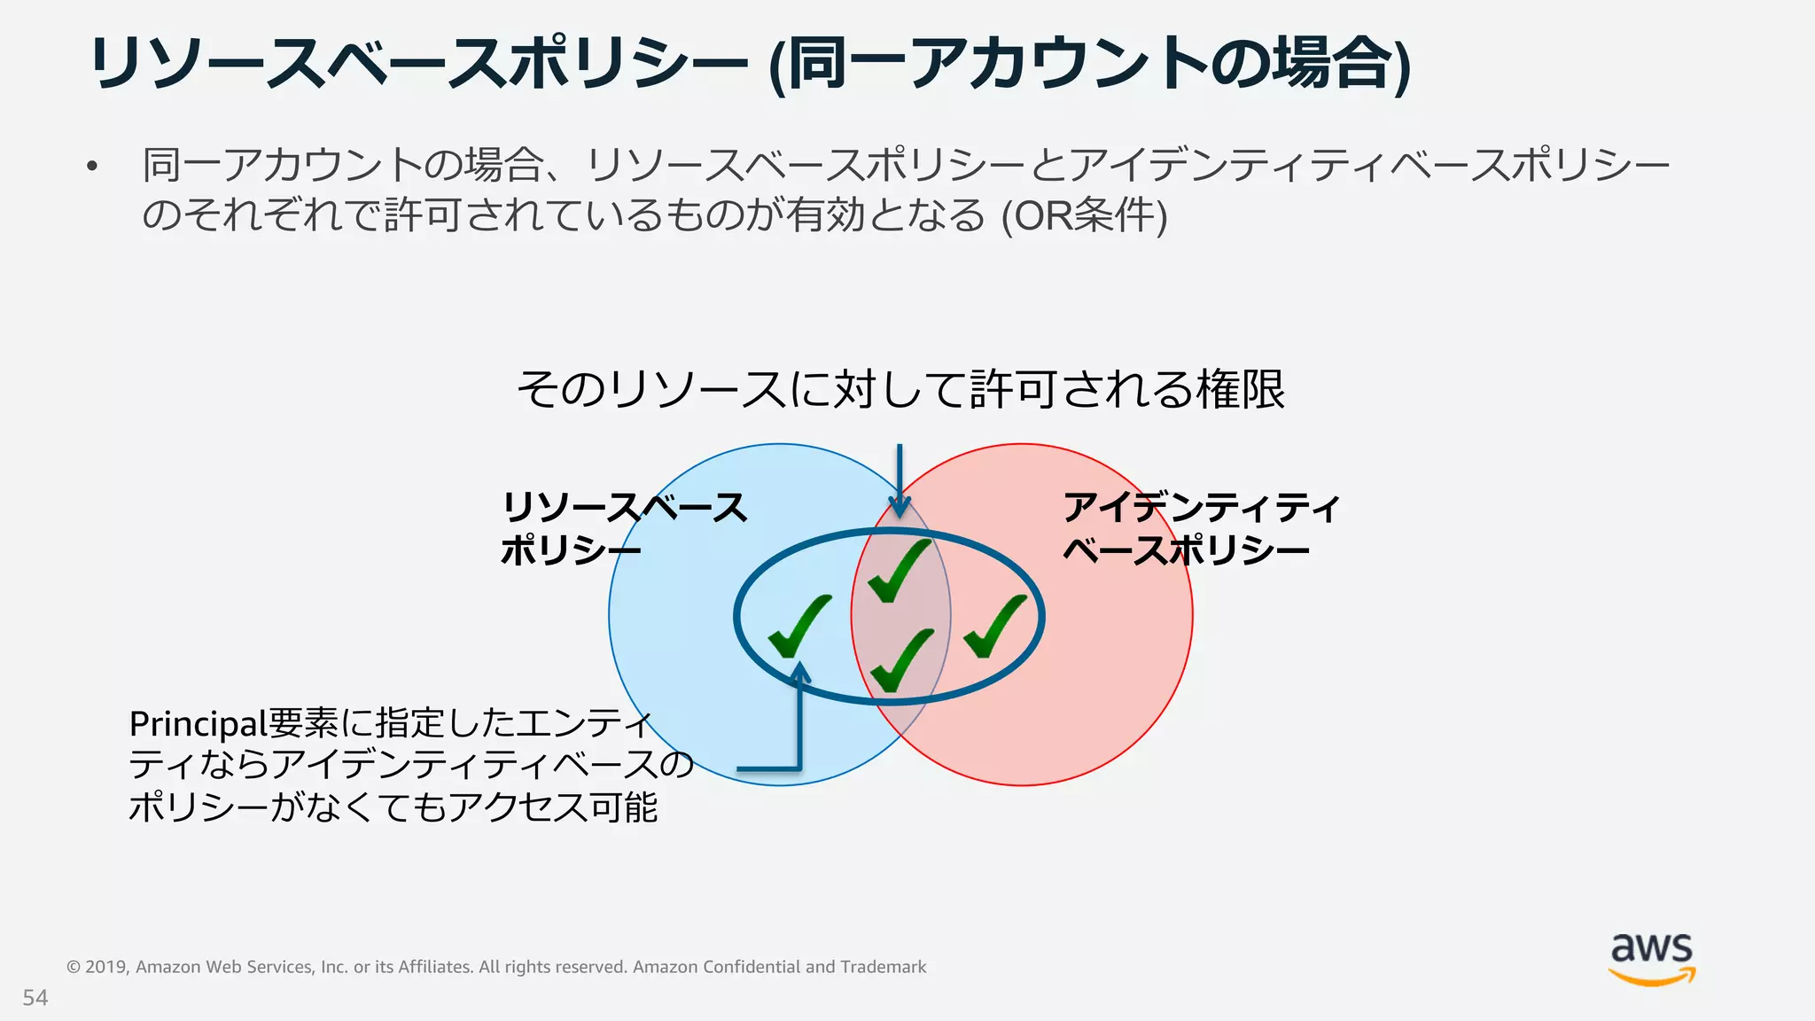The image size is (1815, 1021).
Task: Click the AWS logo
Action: (x=1652, y=959)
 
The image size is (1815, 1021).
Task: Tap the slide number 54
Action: (x=35, y=998)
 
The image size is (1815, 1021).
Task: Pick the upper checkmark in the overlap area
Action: (x=899, y=571)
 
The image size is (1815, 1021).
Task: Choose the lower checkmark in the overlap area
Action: (x=901, y=659)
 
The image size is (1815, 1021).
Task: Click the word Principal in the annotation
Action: (x=198, y=725)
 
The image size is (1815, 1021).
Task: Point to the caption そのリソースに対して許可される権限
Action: (x=900, y=389)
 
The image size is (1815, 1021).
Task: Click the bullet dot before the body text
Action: (x=91, y=167)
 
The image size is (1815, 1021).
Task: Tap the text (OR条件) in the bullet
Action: (x=1084, y=216)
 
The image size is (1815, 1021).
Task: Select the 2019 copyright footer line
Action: (x=496, y=967)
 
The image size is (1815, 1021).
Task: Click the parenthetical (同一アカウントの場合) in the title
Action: (x=1089, y=64)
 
